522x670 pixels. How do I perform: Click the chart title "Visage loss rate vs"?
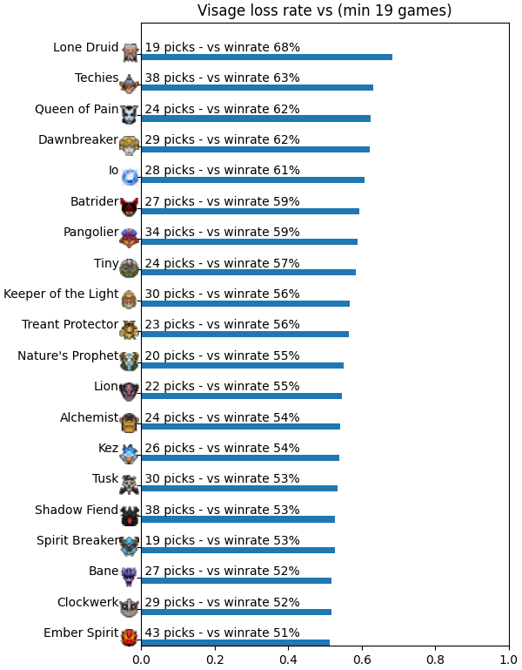(265, 10)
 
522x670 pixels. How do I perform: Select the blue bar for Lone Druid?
(267, 58)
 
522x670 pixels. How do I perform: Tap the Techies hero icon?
(130, 84)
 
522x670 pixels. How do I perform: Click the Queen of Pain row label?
(77, 109)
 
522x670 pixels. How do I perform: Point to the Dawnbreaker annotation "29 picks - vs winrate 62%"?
(222, 139)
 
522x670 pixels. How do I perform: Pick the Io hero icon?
(130, 176)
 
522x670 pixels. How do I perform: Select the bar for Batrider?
(250, 211)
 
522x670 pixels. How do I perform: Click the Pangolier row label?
(90, 232)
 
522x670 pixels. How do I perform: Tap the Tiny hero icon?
(130, 268)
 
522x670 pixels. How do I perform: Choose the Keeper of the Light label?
(61, 294)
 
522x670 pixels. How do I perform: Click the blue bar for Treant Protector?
(245, 335)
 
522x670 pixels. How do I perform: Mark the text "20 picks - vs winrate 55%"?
(222, 355)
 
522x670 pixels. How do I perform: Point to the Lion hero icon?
(130, 392)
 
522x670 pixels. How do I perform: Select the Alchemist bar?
(241, 426)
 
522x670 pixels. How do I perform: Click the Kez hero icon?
(130, 453)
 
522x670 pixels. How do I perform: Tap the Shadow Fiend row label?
(77, 510)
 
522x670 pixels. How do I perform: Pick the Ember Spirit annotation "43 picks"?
(170, 633)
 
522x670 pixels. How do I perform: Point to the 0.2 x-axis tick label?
(215, 660)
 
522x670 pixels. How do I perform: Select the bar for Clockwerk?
(237, 612)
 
